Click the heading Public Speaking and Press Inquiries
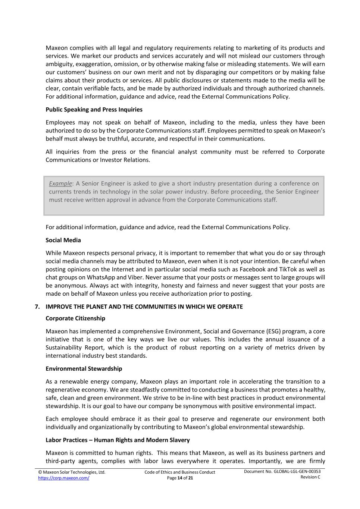pos(94,110)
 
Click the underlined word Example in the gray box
pos(60,183)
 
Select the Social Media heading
pos(63,240)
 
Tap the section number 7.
pos(37,307)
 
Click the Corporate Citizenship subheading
pos(75,318)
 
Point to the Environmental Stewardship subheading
pos(84,369)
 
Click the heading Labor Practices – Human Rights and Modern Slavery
pos(118,440)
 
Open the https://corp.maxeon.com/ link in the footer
pos(63,478)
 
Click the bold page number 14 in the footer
pos(180,478)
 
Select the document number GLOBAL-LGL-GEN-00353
pos(297,472)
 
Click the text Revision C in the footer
pos(310,477)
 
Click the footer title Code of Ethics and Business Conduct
pos(180,472)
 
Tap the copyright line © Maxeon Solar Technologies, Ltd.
pos(72,472)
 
